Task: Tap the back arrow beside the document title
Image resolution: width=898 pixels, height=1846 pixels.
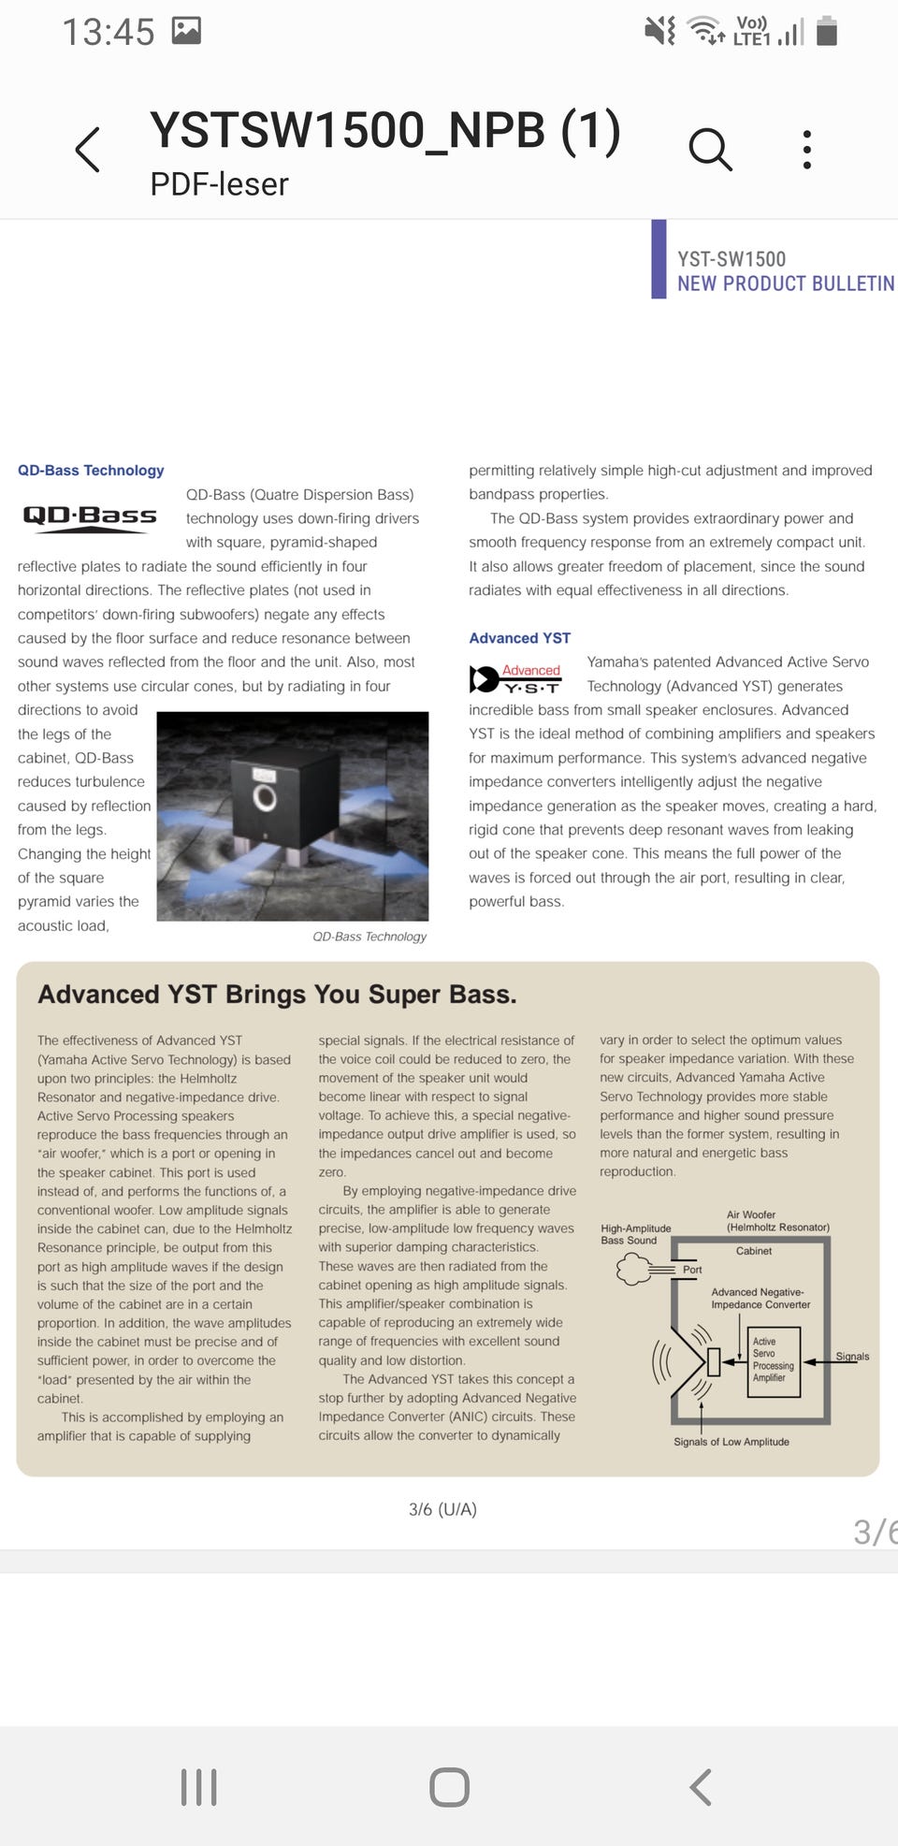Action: coord(88,150)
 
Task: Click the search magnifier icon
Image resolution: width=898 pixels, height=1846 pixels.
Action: coord(710,150)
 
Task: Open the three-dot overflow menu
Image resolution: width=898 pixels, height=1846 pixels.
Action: coord(806,150)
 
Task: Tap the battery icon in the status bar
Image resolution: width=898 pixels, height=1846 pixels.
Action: coord(826,31)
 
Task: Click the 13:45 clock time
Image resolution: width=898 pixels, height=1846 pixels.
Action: coord(108,32)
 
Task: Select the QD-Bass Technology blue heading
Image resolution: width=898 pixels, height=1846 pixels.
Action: coord(91,470)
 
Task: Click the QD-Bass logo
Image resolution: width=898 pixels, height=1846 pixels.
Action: coord(90,516)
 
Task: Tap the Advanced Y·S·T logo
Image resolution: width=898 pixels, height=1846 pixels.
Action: coord(515,678)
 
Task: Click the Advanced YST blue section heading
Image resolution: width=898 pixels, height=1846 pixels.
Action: coord(519,638)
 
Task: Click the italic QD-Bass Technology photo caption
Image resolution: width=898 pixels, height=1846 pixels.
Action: coord(369,937)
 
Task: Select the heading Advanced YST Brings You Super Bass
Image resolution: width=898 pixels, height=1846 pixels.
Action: coord(277,994)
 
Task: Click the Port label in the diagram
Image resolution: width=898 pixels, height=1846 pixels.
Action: coord(692,1270)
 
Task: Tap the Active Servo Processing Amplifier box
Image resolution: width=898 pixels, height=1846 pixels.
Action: coord(774,1360)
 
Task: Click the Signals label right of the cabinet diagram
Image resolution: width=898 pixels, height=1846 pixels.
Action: coord(852,1356)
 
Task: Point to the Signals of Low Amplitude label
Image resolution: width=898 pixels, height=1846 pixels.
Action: coord(731,1442)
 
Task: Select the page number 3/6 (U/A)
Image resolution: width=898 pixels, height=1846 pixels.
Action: coord(442,1509)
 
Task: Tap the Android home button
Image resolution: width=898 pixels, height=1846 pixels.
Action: coord(449,1787)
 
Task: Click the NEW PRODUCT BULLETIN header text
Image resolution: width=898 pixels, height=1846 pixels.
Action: coord(785,283)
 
